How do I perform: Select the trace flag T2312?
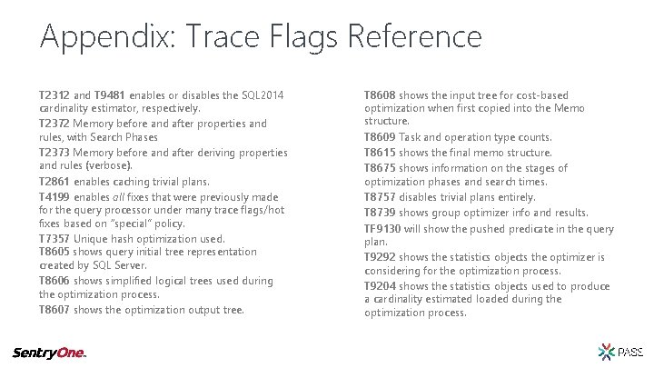tap(54, 94)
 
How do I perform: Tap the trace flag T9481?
tap(109, 94)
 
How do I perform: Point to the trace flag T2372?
tap(54, 123)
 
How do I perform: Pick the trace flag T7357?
tap(54, 237)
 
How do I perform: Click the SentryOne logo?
tap(48, 353)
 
